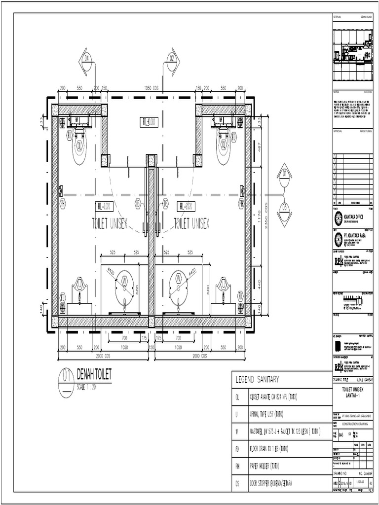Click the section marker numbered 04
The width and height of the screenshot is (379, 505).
pyautogui.click(x=87, y=58)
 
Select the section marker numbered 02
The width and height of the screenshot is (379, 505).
pyautogui.click(x=172, y=58)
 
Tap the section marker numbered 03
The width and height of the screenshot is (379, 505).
pyautogui.click(x=284, y=208)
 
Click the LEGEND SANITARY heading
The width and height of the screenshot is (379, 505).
pyautogui.click(x=257, y=379)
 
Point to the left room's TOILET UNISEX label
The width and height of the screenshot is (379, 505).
pyautogui.click(x=110, y=223)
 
